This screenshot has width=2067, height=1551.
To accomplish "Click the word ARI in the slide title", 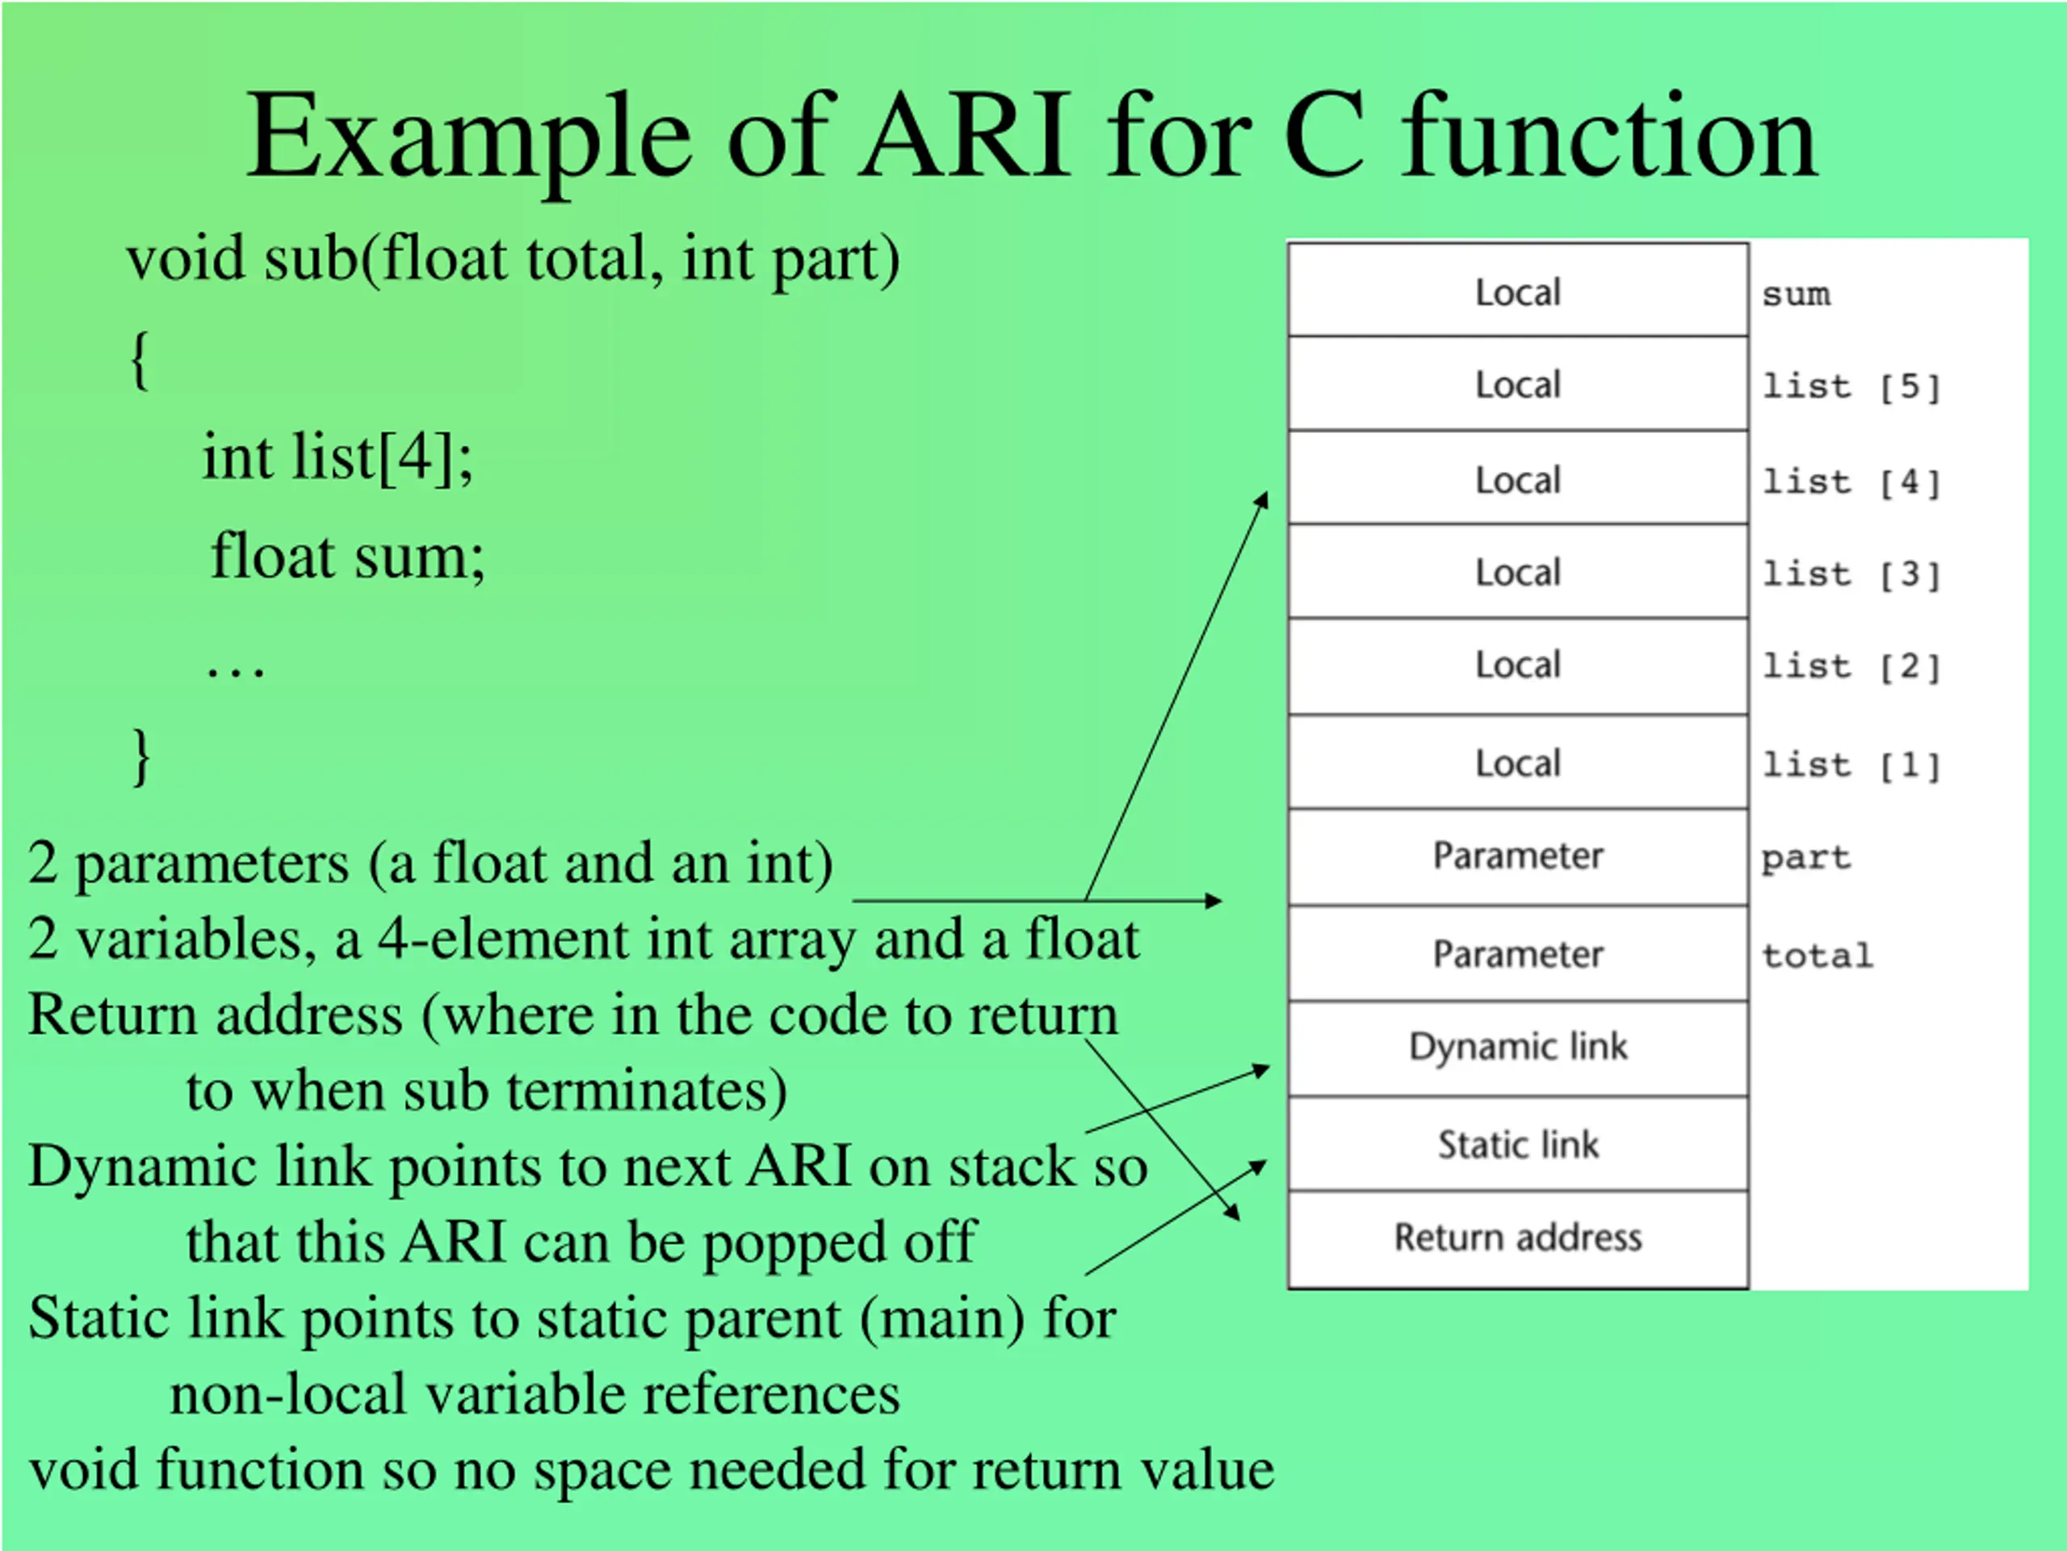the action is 966,137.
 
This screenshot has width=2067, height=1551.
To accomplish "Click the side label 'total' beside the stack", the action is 1817,956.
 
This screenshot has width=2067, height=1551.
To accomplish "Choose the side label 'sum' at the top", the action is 1796,296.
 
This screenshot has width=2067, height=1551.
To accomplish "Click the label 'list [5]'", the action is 1851,387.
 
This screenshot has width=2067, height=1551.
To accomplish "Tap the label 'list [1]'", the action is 1851,766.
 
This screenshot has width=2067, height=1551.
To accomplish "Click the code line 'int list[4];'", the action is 338,457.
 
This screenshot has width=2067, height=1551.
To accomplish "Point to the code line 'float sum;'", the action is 348,557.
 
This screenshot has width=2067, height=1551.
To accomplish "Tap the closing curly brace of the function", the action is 141,756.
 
